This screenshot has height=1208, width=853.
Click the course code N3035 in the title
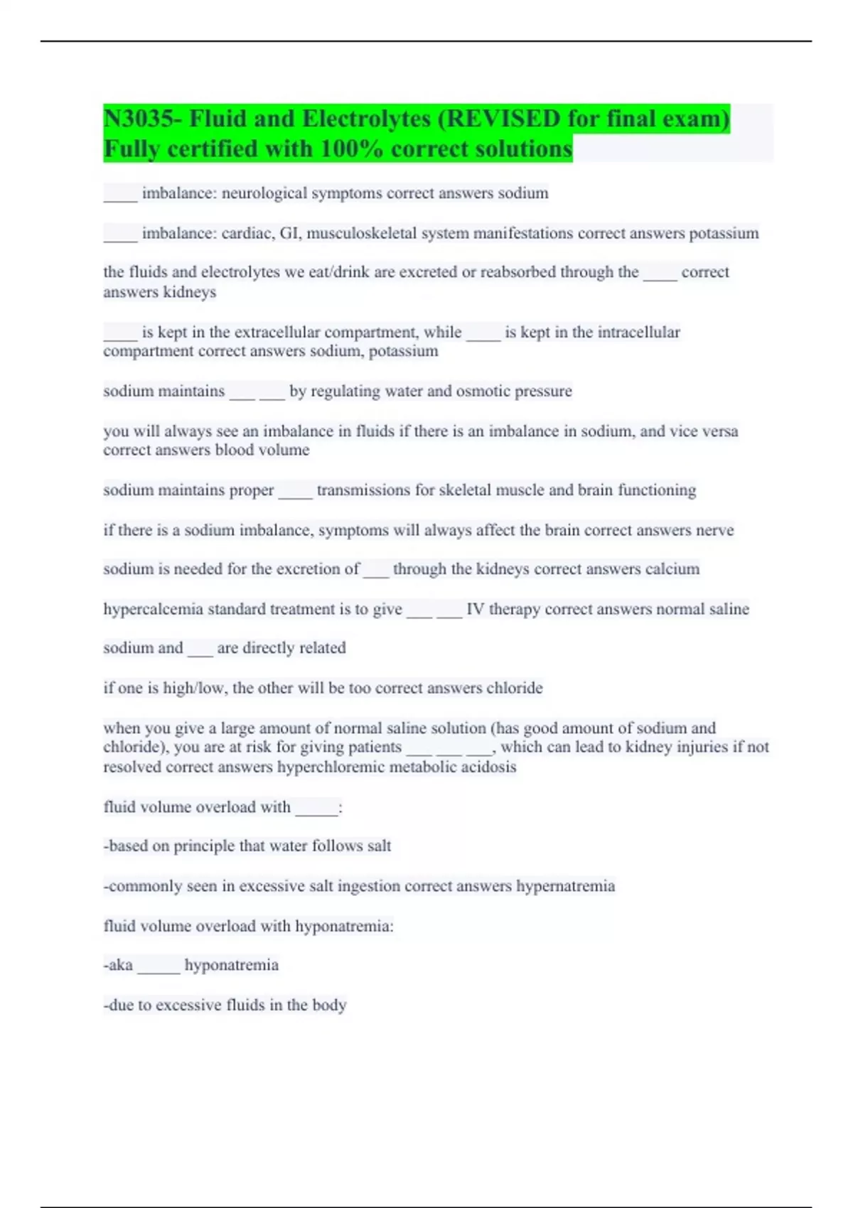coord(138,119)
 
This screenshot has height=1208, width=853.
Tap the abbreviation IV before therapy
coord(475,609)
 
